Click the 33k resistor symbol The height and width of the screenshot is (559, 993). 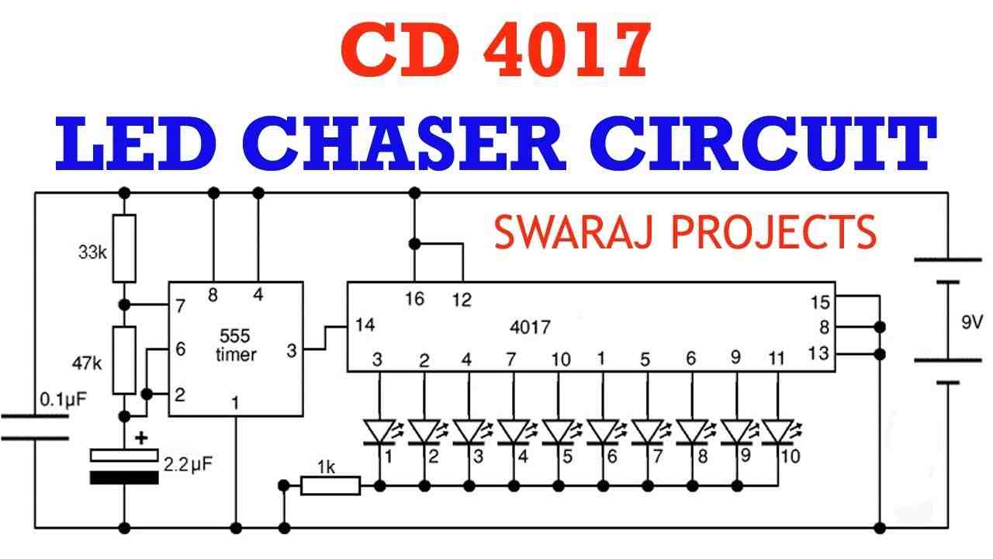pos(124,248)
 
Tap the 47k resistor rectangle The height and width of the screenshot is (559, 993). pos(124,360)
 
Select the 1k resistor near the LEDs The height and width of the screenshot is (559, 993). pos(330,486)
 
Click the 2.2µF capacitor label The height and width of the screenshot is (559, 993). pos(189,464)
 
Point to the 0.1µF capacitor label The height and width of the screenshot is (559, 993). pos(64,399)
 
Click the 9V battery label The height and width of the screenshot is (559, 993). pos(972,322)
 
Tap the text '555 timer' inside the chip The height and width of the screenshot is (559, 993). pos(235,345)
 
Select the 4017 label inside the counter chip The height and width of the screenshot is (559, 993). pos(530,328)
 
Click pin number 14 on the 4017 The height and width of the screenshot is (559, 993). pos(365,325)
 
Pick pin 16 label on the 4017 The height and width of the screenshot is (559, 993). pos(414,299)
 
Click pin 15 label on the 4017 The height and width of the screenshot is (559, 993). pos(820,303)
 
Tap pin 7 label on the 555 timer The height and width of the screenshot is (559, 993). pos(180,306)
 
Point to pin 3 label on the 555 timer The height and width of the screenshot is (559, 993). pos(291,350)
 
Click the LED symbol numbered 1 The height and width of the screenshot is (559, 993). pos(380,432)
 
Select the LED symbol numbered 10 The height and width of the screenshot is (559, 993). pos(779,432)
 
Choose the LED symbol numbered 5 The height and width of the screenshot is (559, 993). pos(559,432)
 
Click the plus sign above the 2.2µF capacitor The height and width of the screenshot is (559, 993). pos(141,438)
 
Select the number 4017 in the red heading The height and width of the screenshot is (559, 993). pos(567,51)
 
